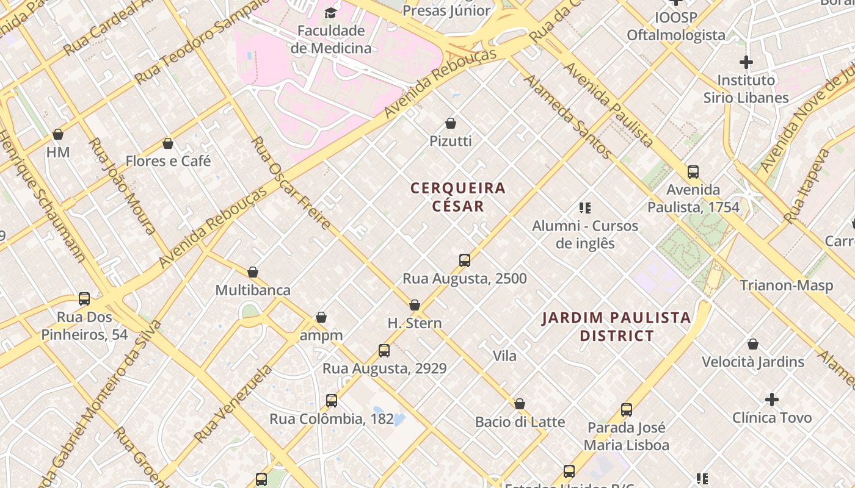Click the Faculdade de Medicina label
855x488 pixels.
click(331, 40)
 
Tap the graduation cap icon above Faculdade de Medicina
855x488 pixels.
click(330, 13)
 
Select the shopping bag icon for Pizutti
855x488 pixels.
click(451, 123)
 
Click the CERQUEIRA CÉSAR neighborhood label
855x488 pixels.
click(458, 197)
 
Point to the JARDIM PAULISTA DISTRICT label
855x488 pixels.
click(617, 326)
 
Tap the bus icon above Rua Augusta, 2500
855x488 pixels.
click(465, 260)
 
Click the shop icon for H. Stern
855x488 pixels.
click(415, 305)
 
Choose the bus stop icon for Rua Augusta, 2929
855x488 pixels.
click(384, 351)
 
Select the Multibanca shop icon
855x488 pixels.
click(253, 272)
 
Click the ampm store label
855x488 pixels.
click(321, 335)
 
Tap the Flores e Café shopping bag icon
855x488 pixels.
click(168, 143)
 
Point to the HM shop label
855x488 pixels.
click(58, 152)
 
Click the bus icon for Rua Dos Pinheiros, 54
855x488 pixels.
click(84, 299)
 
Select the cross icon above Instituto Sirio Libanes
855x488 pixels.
click(746, 62)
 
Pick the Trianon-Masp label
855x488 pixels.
click(787, 285)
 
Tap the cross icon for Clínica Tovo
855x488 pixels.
click(772, 400)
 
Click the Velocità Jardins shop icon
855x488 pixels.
click(753, 344)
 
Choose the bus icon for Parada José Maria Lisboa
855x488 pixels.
click(627, 410)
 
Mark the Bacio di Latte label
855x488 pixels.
click(520, 422)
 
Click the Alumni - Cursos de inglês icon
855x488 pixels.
click(585, 208)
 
